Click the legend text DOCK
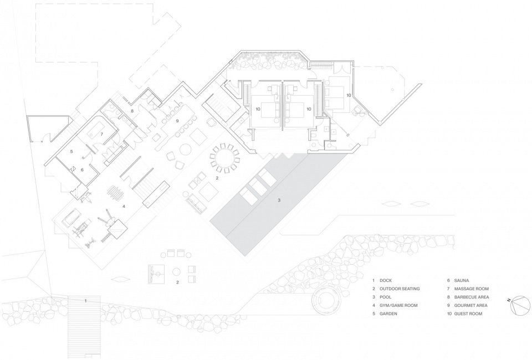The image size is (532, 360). [x=386, y=280]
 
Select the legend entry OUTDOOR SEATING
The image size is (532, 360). [x=400, y=289]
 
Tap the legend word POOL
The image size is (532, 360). [x=386, y=297]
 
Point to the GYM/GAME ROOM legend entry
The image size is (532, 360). [x=398, y=305]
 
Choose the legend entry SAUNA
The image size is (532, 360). [x=462, y=280]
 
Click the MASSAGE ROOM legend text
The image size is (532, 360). [x=471, y=289]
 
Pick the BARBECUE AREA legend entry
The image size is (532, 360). [x=472, y=297]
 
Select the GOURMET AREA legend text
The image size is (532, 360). [x=470, y=305]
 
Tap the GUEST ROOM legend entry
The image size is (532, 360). [x=468, y=313]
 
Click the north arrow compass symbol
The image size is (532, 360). [x=520, y=305]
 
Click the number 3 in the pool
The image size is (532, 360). [x=279, y=200]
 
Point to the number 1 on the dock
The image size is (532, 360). [x=85, y=301]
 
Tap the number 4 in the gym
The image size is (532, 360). [x=124, y=206]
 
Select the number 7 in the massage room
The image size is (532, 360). [x=101, y=134]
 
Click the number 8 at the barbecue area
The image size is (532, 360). [x=132, y=111]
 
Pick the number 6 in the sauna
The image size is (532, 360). [x=82, y=170]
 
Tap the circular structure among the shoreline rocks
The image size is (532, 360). [x=326, y=300]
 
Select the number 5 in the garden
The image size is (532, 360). [x=71, y=152]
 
